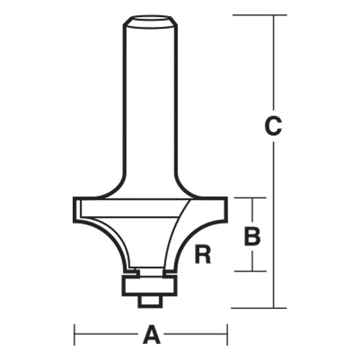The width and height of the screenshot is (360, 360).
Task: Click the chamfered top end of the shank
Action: click(150, 22)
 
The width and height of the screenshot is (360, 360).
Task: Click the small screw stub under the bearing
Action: click(150, 299)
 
